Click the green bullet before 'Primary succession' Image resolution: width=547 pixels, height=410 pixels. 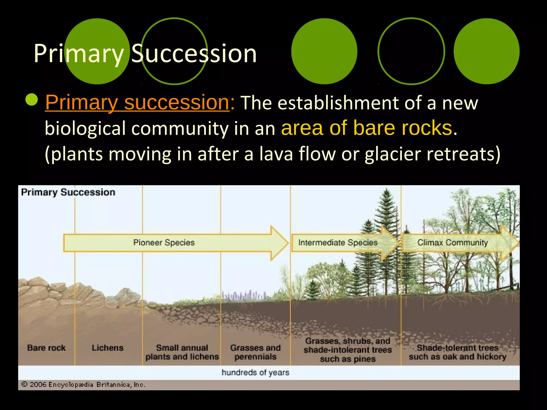(x=32, y=100)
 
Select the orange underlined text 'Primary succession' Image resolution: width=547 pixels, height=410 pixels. (x=137, y=102)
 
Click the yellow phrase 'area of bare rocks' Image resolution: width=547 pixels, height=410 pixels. (x=366, y=128)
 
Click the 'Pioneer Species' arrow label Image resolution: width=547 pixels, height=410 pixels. (x=164, y=242)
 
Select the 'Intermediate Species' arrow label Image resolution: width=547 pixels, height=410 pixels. (x=338, y=242)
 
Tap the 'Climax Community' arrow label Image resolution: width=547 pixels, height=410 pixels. (x=452, y=242)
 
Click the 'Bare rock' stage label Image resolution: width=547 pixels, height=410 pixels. (x=46, y=348)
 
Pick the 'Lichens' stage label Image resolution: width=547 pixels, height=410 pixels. (x=107, y=348)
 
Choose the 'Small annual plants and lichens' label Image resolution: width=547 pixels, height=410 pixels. (x=182, y=352)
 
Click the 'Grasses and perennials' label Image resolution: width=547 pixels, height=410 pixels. (x=255, y=352)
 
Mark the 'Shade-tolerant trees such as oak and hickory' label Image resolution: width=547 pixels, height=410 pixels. (x=457, y=352)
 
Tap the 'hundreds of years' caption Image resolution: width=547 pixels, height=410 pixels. (x=255, y=372)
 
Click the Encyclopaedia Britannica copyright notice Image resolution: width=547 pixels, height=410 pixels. (x=83, y=385)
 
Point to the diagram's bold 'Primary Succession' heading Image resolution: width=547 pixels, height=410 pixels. (x=68, y=192)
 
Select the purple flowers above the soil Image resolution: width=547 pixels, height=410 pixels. (x=243, y=295)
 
